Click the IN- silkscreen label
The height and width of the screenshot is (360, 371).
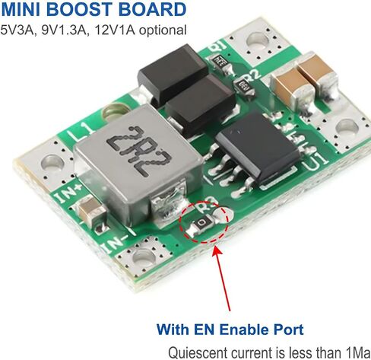pos(115,244)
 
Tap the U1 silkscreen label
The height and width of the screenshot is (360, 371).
pos(316,161)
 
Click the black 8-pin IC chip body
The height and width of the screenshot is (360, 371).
pos(258,147)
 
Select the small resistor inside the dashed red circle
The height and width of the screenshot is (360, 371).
pos(202,223)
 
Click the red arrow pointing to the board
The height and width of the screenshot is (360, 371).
pos(222,279)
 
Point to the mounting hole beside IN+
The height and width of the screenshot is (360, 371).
pos(52,162)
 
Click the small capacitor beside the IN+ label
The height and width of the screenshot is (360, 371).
pos(91,212)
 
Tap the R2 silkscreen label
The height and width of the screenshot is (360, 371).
pos(252,75)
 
